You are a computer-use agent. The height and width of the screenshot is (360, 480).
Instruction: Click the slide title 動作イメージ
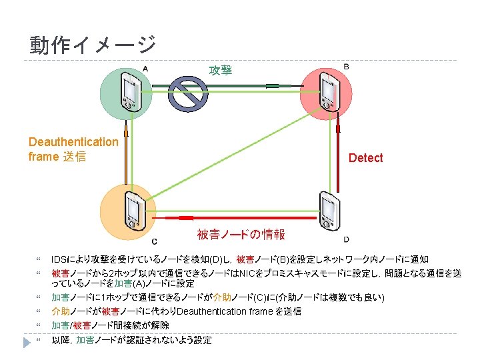pos(92,45)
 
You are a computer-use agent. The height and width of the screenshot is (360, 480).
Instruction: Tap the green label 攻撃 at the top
pos(221,70)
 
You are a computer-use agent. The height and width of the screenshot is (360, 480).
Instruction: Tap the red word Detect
pos(365,158)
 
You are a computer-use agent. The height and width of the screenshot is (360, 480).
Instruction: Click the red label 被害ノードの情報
pos(241,234)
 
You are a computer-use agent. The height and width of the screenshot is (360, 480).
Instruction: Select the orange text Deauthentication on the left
pos(73,141)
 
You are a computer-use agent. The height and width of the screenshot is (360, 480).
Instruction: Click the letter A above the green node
pos(145,68)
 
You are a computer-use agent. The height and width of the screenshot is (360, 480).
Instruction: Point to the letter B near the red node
pos(346,66)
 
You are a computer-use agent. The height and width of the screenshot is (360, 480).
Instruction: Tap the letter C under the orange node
pos(155,241)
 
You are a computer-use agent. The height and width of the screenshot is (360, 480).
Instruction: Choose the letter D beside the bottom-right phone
pos(346,239)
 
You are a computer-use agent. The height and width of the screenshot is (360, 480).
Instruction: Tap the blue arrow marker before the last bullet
pos(26,341)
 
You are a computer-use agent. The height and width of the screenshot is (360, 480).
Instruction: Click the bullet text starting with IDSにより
pos(240,259)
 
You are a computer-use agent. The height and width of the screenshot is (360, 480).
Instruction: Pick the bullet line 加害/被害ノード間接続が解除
pos(110,325)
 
